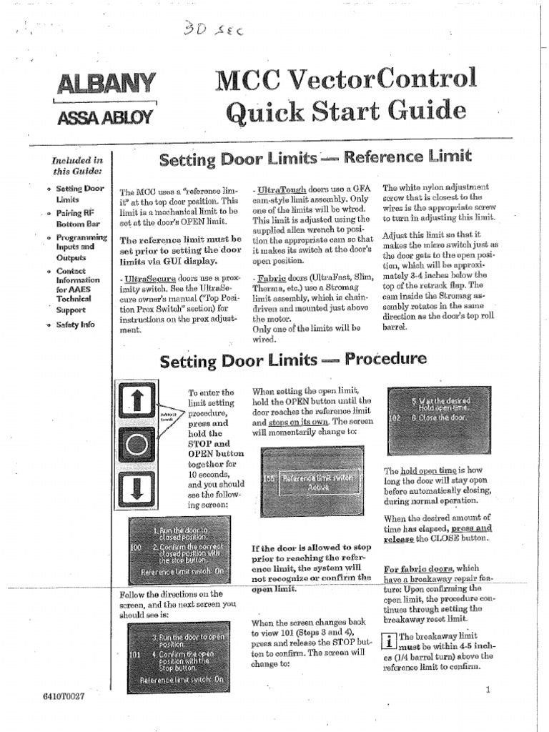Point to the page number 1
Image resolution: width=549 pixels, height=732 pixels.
[487, 690]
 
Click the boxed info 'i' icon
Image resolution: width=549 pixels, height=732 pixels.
[390, 640]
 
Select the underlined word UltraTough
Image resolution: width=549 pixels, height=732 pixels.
[281, 188]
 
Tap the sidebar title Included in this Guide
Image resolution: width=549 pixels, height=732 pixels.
[77, 165]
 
